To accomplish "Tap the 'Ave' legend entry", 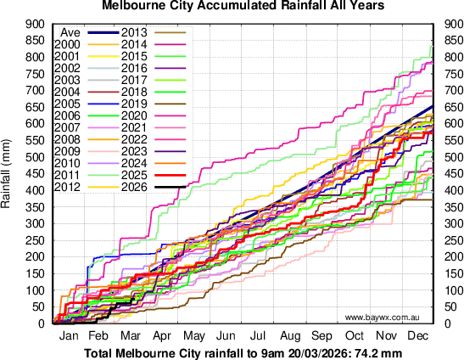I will [x=71, y=31].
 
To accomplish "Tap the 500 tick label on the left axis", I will [x=35, y=157].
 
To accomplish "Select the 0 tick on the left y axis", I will [x=41, y=323].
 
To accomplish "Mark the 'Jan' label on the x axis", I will [x=69, y=336].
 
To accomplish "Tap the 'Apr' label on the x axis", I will [x=165, y=336].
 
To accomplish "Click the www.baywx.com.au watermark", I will [x=383, y=317].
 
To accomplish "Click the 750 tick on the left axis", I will [x=35, y=74].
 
